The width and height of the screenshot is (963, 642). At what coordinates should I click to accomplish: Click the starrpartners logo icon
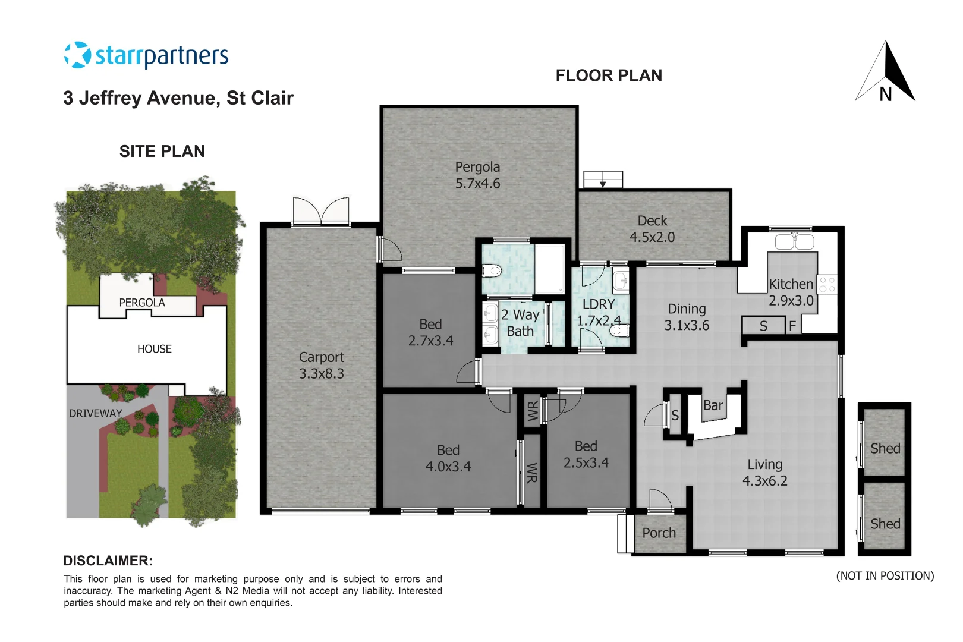click(x=77, y=55)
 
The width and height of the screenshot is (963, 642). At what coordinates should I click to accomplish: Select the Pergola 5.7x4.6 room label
click(x=477, y=175)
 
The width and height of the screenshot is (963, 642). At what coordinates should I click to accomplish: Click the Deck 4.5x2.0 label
click(x=652, y=229)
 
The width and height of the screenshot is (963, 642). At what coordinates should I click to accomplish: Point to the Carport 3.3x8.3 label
click(x=321, y=365)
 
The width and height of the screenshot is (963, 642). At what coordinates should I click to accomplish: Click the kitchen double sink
click(x=794, y=242)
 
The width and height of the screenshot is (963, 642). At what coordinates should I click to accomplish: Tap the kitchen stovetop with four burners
click(x=827, y=284)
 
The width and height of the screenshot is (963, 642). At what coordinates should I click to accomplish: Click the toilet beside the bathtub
click(x=492, y=271)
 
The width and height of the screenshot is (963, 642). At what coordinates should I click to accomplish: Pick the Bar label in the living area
click(x=713, y=405)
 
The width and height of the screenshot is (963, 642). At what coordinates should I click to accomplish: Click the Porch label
click(x=659, y=533)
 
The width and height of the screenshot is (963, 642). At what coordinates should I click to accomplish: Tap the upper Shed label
click(x=885, y=448)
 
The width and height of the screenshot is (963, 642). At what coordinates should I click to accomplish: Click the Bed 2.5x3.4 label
click(x=586, y=455)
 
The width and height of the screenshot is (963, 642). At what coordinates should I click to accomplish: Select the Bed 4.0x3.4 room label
click(x=448, y=458)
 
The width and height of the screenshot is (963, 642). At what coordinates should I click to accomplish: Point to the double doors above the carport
click(x=321, y=212)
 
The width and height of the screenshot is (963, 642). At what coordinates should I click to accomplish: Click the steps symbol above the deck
click(x=603, y=180)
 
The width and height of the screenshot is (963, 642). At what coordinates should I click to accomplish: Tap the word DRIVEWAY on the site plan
click(x=95, y=413)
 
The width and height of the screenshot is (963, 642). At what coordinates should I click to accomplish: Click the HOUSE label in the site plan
click(x=154, y=349)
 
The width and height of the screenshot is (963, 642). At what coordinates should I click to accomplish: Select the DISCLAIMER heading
click(x=108, y=561)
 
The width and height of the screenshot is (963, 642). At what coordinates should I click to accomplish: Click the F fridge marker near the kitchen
click(x=792, y=326)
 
